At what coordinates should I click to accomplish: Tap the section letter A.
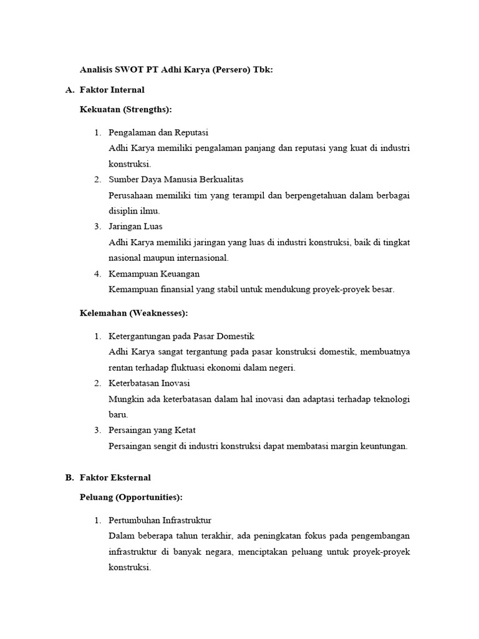69,90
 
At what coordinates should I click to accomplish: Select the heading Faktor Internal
112,90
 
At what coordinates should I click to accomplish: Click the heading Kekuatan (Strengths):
125,109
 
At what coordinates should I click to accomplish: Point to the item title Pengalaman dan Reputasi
158,132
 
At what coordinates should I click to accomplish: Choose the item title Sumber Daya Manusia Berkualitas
176,180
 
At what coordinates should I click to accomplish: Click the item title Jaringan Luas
135,226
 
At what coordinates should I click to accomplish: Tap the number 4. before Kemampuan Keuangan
97,273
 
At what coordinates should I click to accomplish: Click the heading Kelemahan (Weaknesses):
134,313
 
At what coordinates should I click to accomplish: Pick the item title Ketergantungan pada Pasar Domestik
181,336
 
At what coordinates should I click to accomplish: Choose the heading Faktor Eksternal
115,477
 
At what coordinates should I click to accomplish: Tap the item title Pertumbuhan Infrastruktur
160,520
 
